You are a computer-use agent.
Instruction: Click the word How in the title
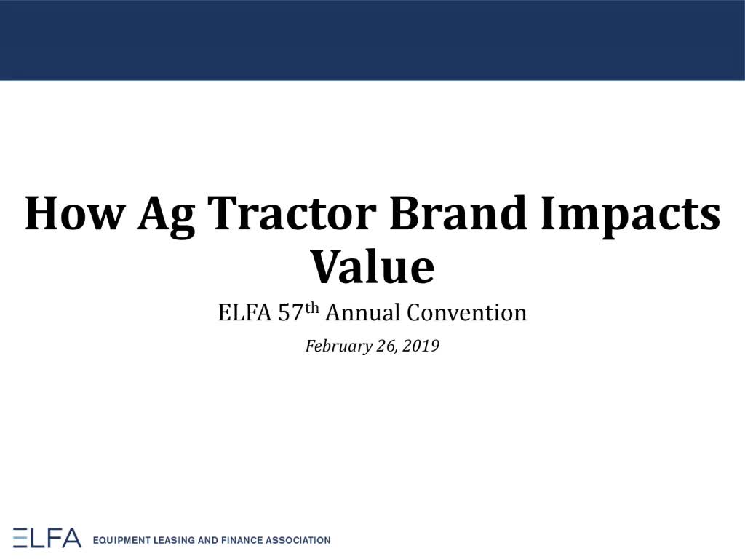(76, 213)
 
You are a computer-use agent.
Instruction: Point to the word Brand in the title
(458, 213)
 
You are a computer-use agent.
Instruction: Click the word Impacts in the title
(631, 217)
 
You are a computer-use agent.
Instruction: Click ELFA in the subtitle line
(244, 313)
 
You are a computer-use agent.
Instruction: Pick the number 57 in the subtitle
(291, 313)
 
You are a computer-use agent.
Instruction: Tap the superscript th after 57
(311, 308)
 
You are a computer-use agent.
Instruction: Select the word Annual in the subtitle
(362, 313)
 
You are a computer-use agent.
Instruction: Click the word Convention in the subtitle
(466, 313)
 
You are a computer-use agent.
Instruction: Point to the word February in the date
(339, 346)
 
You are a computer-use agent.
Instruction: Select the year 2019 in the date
(421, 346)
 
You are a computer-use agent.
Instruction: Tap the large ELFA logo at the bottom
(47, 538)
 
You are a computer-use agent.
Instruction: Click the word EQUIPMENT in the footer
(121, 541)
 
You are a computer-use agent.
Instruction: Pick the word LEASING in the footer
(174, 541)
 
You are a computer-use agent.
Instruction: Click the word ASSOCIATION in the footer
(298, 541)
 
